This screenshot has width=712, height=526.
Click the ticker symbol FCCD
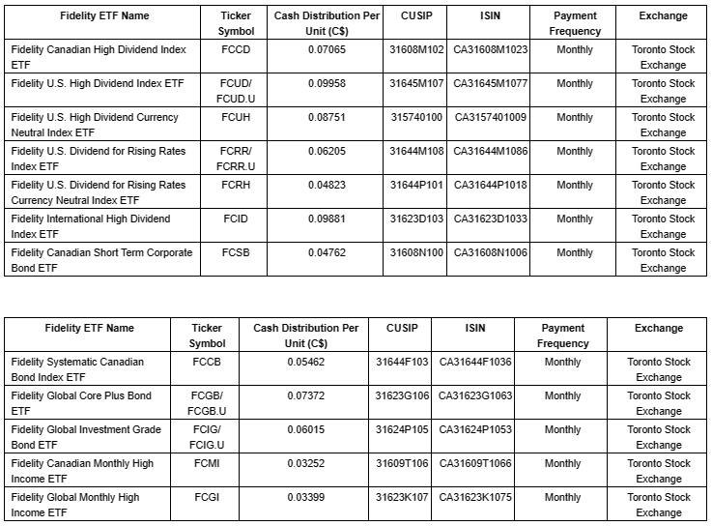pos(236,49)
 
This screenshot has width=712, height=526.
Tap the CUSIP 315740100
pos(416,117)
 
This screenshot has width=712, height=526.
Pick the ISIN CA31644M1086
pos(491,151)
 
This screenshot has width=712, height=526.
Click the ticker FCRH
pos(236,185)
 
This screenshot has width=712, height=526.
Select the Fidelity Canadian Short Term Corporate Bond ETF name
pos(101,260)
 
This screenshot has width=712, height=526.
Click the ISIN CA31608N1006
pos(491,252)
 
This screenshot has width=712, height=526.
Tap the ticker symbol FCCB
pos(207,362)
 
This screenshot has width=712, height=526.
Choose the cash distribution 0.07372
pos(306,395)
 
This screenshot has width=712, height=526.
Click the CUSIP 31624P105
pos(402,429)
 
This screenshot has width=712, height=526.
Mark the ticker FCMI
pos(207,463)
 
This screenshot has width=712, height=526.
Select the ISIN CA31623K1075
pos(475,497)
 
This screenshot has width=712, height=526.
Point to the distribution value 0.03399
pos(306,497)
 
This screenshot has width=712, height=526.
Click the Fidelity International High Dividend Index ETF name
pos(91,226)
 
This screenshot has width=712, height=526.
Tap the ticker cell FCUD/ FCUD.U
pos(236,91)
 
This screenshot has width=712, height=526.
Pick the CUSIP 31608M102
pos(416,49)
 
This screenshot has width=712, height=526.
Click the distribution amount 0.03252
pos(306,463)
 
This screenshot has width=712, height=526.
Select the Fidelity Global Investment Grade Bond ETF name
pos(81,437)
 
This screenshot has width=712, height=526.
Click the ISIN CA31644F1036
pos(475,362)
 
